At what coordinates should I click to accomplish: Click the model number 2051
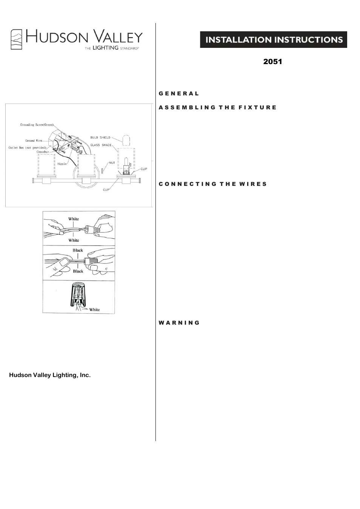[x=272, y=61]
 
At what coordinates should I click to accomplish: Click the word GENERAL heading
[x=178, y=94]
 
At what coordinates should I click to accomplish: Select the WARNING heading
[x=179, y=323]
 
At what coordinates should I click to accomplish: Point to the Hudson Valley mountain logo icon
[x=16, y=39]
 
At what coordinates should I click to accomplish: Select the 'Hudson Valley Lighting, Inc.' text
[x=50, y=375]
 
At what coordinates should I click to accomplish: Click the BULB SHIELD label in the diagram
[x=100, y=138]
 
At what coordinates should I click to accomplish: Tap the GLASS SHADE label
[x=100, y=145]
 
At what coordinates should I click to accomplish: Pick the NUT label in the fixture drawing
[x=112, y=163]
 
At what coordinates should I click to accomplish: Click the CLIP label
[x=144, y=169]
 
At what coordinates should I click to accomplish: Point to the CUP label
[x=106, y=190]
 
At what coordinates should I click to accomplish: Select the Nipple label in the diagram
[x=62, y=164]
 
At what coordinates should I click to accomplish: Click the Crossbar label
[x=43, y=152]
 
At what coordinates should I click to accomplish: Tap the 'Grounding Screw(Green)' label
[x=37, y=125]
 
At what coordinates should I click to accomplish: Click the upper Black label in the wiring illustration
[x=78, y=250]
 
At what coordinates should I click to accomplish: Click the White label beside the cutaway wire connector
[x=94, y=310]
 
